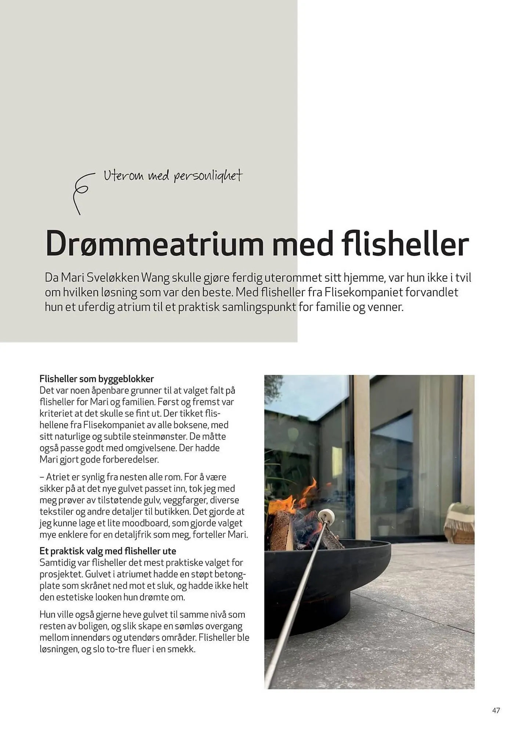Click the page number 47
(496, 710)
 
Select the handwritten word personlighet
(208, 176)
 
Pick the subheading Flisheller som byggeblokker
(97, 379)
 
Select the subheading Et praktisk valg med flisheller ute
(108, 551)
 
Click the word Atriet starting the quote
(57, 477)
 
